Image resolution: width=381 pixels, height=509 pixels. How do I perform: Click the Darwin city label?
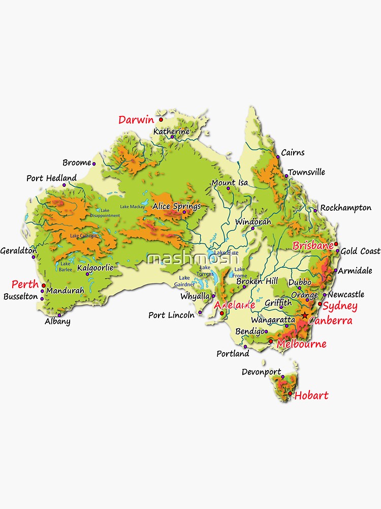tap(136, 120)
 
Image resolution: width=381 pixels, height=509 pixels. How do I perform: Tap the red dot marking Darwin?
tap(161, 120)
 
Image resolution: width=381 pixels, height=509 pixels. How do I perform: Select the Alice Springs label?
tap(176, 206)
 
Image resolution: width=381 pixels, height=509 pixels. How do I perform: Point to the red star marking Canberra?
tap(304, 316)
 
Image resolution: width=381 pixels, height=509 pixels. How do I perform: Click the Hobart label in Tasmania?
tap(311, 395)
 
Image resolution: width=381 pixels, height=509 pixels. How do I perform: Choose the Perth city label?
tap(25, 284)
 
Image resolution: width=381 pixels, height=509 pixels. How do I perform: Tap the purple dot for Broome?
tap(94, 163)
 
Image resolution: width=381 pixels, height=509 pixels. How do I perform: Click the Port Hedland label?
tap(51, 178)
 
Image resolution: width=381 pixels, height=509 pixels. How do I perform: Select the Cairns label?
tap(293, 152)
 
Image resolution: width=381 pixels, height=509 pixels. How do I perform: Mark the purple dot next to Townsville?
tap(286, 176)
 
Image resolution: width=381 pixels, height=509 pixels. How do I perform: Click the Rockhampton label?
tap(345, 208)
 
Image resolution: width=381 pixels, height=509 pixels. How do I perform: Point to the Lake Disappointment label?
tap(105, 213)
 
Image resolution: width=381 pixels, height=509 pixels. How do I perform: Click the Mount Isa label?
tap(230, 182)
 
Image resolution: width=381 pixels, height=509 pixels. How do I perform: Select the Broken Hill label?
tap(257, 281)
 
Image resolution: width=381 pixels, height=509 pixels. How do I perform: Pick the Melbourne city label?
tap(301, 344)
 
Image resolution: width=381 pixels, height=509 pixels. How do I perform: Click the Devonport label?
tap(261, 372)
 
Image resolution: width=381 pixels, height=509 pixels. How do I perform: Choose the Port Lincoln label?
tap(171, 315)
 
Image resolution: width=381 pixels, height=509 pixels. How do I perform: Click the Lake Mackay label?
tap(133, 207)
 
